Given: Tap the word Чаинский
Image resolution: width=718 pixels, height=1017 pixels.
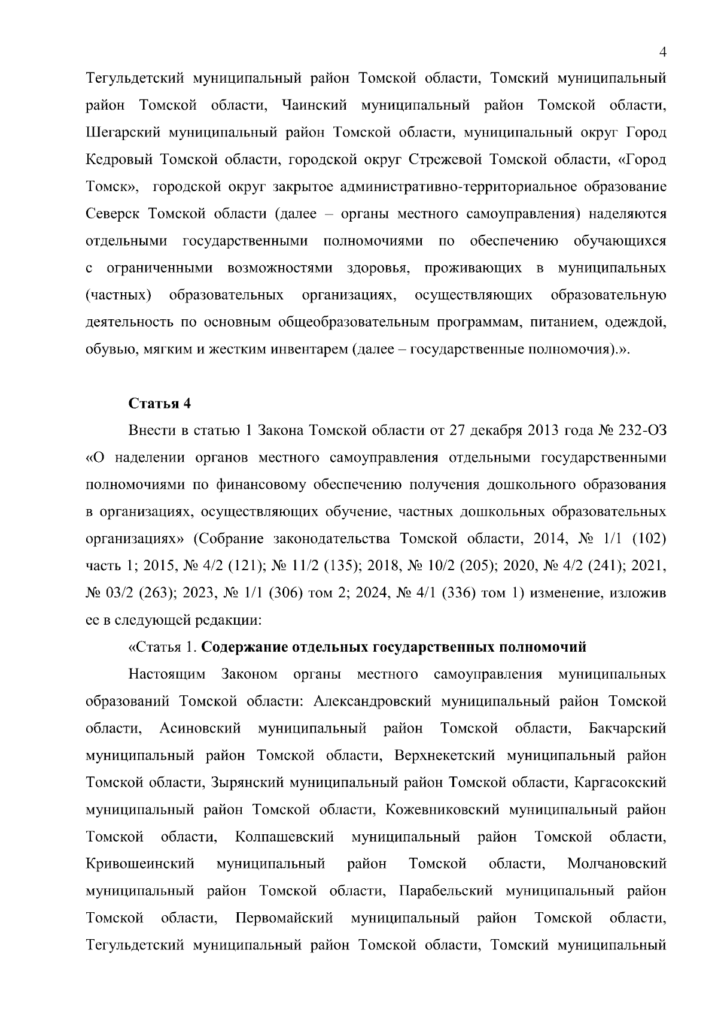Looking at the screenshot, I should tap(314, 105).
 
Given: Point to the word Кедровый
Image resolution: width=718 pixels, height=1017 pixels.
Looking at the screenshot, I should tap(120, 160).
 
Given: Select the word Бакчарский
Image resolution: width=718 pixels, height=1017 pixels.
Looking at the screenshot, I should tap(627, 728).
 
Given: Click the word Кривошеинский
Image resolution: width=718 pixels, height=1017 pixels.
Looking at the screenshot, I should tap(141, 864).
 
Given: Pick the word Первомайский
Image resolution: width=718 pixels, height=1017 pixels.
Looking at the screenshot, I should tap(285, 918).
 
